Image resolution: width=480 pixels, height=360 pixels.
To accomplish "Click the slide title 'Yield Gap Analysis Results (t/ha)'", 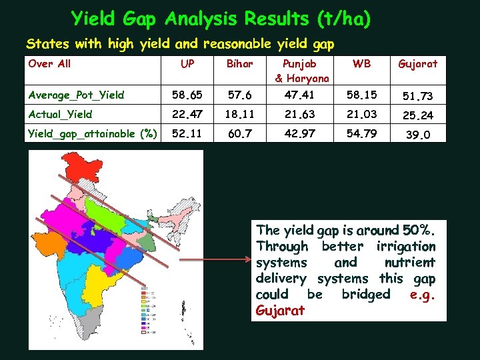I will click(221, 18).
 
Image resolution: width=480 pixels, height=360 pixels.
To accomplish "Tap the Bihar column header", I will click(235, 64).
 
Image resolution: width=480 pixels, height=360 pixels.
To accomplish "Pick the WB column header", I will click(362, 64).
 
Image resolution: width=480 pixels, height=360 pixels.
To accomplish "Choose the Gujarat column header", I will click(417, 64).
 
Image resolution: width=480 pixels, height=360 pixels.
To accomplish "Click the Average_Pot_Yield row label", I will click(76, 95).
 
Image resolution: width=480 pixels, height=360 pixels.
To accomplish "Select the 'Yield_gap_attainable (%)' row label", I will click(93, 133).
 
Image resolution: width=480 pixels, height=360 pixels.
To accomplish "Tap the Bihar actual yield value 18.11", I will click(235, 114).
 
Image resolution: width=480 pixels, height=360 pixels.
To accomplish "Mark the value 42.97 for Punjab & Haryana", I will click(300, 133).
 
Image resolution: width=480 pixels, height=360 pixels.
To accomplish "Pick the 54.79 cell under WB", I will click(362, 133).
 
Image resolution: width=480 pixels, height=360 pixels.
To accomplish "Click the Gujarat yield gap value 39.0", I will click(417, 135).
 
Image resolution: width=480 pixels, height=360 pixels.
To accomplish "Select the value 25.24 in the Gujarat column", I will click(417, 115).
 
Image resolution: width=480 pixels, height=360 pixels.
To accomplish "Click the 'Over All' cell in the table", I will click(49, 64).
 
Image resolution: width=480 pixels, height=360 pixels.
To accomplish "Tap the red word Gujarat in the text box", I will click(280, 311).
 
